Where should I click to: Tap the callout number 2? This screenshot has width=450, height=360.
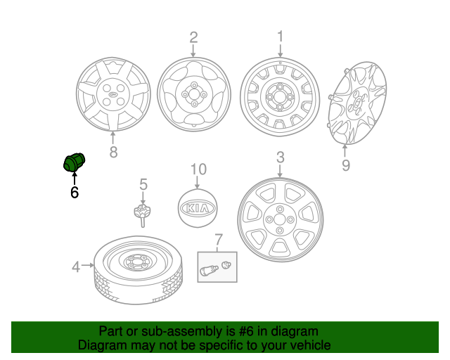193,37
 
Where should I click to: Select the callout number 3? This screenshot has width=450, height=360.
280,157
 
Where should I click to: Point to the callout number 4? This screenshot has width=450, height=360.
75,266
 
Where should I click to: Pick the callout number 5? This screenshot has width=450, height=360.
143,184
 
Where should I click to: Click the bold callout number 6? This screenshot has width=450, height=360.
74,191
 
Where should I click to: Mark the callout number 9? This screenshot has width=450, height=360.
345,165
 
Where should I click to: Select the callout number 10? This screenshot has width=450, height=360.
198,169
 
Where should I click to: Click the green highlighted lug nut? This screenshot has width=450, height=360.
73,163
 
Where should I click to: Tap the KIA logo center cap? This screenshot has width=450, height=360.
198,209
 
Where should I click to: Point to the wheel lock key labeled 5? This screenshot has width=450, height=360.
143,213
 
